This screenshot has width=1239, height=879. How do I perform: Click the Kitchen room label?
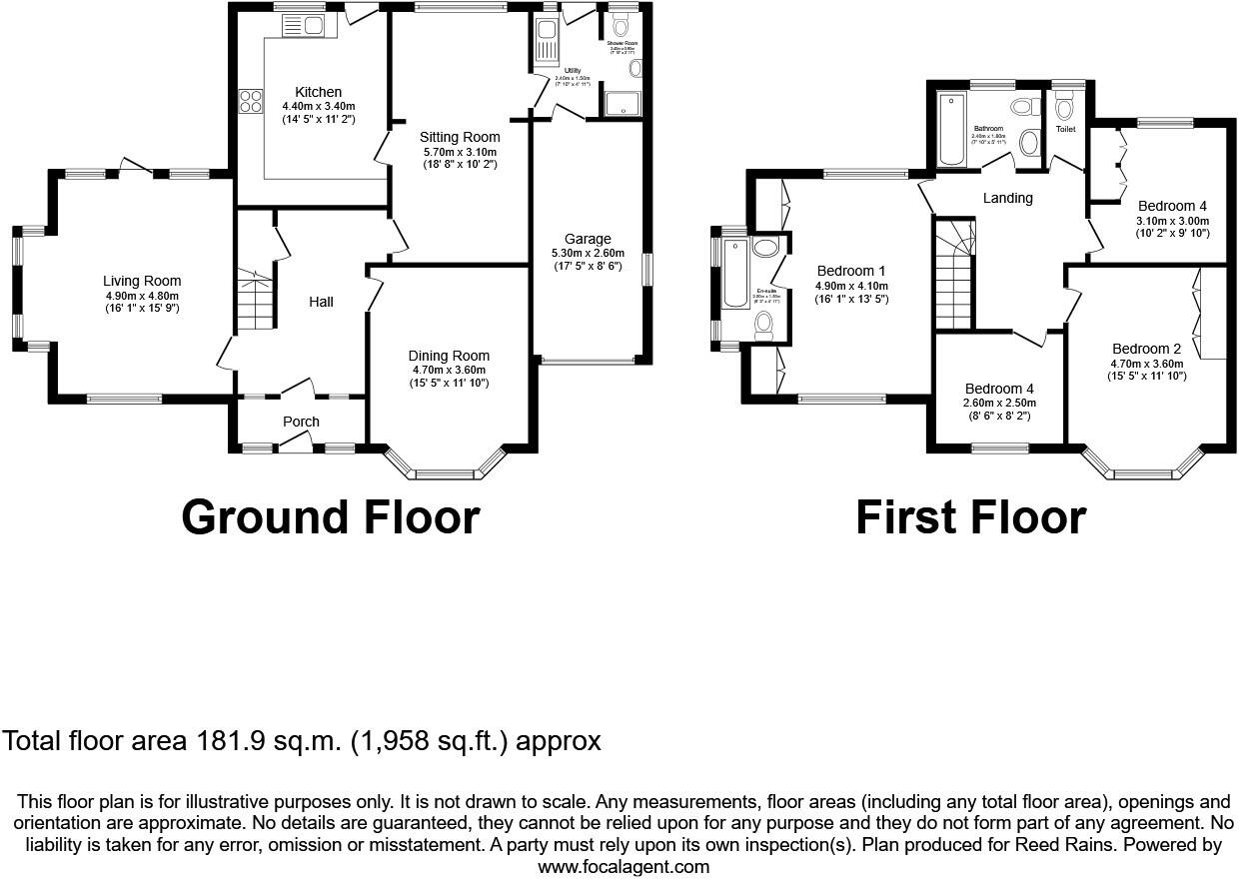tap(318, 92)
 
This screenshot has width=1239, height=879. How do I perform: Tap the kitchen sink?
tap(310, 26)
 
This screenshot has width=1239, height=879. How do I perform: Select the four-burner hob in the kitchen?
tap(250, 100)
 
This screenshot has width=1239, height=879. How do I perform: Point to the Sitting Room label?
tap(460, 137)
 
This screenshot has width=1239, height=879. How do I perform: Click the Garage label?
tap(588, 239)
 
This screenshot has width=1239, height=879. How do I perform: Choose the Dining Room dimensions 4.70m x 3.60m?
tap(449, 370)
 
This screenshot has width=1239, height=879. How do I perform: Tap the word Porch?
tap(301, 422)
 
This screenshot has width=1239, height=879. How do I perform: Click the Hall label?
tap(320, 302)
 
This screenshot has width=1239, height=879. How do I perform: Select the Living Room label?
tap(142, 281)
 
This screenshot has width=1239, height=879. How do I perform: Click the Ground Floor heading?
tap(331, 517)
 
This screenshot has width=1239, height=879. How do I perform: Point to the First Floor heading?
tap(970, 517)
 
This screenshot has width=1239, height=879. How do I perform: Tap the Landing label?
tap(1007, 198)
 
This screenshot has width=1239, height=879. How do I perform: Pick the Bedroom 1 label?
tap(851, 271)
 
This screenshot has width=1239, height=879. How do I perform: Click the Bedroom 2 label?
tap(1145, 349)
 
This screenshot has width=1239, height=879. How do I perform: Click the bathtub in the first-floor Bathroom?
tap(951, 129)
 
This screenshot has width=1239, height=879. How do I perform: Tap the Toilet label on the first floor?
tap(1065, 129)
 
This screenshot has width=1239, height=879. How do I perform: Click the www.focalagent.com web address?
tap(623, 866)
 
